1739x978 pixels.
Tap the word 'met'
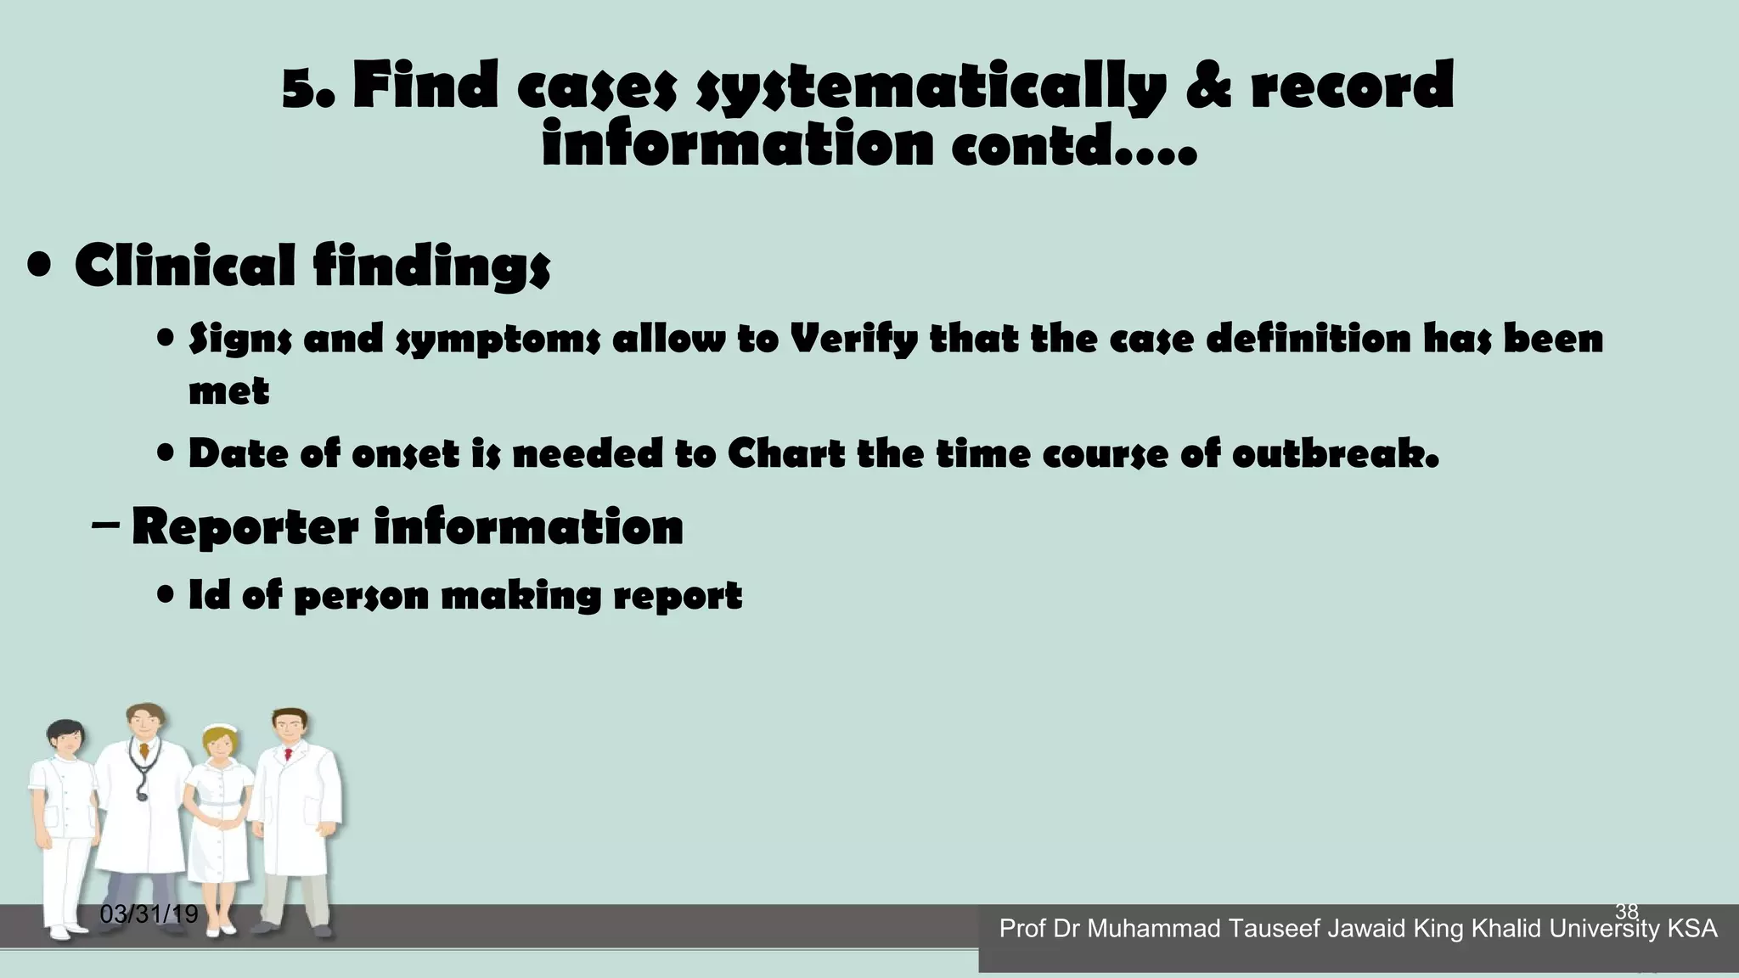(x=228, y=391)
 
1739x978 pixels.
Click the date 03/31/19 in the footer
(x=149, y=914)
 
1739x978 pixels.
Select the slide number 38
(x=1626, y=912)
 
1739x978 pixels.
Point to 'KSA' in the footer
(x=1692, y=929)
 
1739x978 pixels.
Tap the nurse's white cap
(x=222, y=728)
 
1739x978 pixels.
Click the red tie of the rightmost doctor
(x=289, y=753)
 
